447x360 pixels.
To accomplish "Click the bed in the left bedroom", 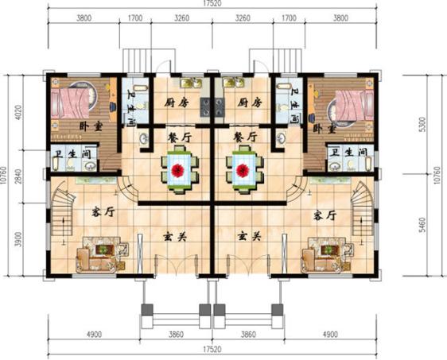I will pos(73,103).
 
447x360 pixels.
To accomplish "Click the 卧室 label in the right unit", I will pos(321,128).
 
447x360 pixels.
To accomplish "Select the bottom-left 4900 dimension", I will pos(90,335).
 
